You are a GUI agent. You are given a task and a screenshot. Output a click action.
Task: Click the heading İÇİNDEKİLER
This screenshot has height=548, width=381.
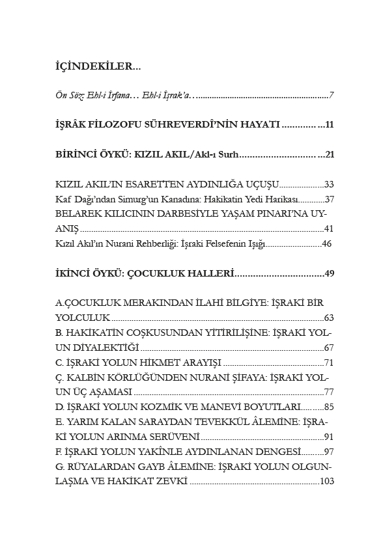pos(97,66)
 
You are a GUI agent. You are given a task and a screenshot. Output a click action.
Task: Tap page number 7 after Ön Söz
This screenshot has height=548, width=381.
pos(332,96)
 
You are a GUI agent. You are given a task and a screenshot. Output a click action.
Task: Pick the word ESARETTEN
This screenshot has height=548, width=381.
pos(150,185)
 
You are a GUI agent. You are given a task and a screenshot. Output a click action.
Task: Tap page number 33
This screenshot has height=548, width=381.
pos(329,185)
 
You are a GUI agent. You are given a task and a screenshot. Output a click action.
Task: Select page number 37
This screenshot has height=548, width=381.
pos(329,199)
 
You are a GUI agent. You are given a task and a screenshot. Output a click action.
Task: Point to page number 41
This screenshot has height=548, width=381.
pos(329,229)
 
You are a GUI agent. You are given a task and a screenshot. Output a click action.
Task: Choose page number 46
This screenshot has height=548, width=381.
pos(328,244)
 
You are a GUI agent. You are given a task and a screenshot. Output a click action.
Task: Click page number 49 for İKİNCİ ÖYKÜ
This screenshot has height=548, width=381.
pos(329,274)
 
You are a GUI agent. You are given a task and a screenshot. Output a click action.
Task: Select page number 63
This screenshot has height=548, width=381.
pos(329,319)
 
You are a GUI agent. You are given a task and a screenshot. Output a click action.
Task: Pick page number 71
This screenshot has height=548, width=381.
pos(329,363)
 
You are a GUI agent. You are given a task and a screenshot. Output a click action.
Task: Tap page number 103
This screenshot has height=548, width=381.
pos(327,482)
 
